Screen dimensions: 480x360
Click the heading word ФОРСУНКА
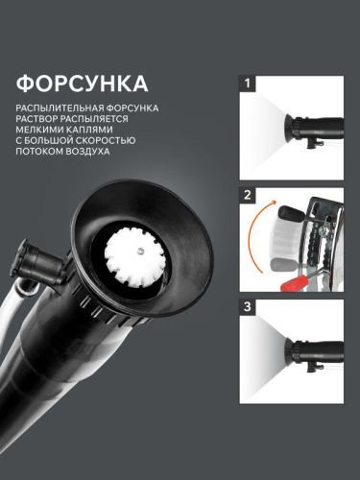[x=81, y=78]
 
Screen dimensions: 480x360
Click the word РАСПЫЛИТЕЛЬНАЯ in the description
[x=55, y=108]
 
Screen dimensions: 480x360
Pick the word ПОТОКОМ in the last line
[x=42, y=160]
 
